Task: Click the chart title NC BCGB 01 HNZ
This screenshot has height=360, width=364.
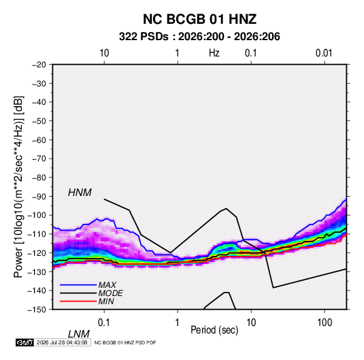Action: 199,19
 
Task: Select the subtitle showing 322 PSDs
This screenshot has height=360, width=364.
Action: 199,37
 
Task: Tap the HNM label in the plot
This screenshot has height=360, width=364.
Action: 80,193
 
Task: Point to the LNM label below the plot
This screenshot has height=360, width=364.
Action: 79,334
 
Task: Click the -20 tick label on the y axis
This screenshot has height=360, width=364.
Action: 39,65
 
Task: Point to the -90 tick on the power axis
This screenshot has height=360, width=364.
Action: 39,197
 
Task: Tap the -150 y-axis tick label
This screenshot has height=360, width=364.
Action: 37,310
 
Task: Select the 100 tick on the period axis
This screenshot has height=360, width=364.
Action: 325,323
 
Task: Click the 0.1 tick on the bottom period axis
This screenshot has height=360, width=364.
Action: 104,323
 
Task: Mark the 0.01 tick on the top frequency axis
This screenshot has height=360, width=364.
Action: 324,53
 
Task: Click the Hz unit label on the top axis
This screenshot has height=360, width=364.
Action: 214,53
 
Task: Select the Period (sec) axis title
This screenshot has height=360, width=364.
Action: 214,330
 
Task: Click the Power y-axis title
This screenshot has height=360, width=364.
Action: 18,186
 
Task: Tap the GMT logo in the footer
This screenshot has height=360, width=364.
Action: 24,342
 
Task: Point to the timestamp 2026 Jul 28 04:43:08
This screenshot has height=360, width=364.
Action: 62,342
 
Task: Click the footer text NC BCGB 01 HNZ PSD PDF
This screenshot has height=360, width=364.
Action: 125,342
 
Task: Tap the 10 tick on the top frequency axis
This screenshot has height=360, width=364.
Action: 104,53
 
